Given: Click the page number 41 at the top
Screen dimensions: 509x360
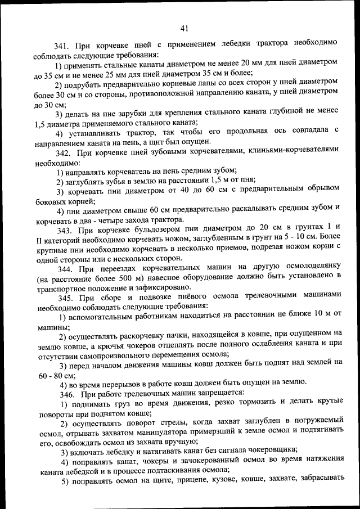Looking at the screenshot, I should pyautogui.click(x=184, y=29).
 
